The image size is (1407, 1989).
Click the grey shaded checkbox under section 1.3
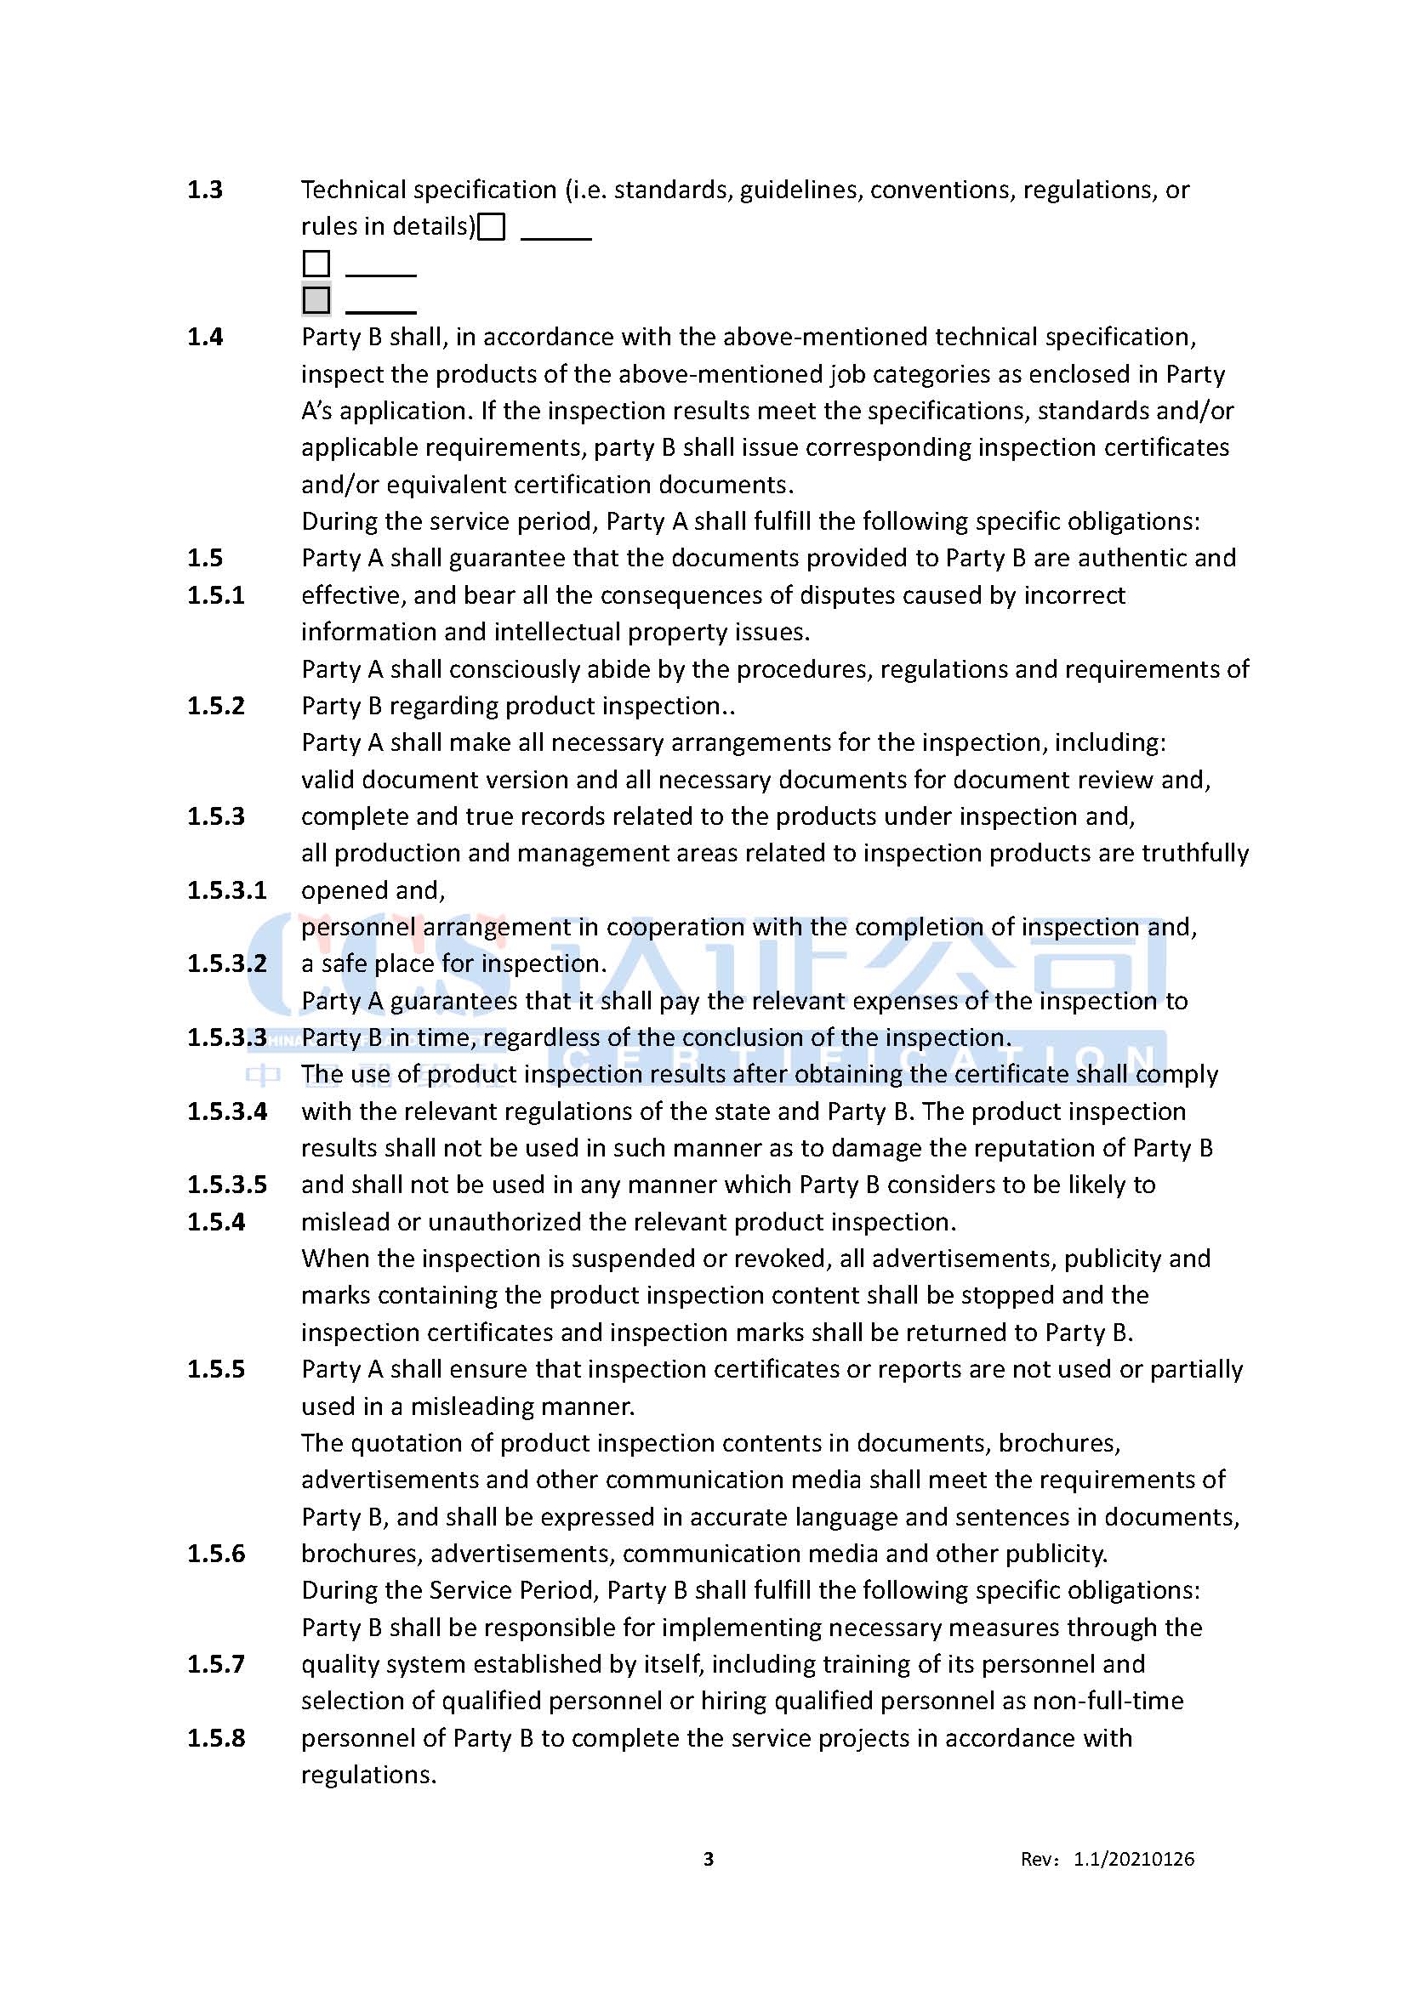pyautogui.click(x=316, y=299)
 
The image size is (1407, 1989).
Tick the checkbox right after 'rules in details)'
pyautogui.click(x=491, y=227)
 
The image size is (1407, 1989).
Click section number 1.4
pyautogui.click(x=205, y=337)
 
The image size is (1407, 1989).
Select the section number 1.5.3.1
pyautogui.click(x=227, y=890)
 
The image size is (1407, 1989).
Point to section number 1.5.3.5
pyautogui.click(x=227, y=1185)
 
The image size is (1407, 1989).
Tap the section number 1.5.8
pyautogui.click(x=216, y=1738)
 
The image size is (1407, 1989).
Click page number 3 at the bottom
pyautogui.click(x=709, y=1858)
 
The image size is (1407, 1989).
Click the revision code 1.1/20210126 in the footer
pyautogui.click(x=1134, y=1859)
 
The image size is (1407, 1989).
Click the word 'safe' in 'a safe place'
pyautogui.click(x=344, y=964)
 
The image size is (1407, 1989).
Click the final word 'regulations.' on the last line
pyautogui.click(x=368, y=1775)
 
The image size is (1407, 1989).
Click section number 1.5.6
pyautogui.click(x=216, y=1554)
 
